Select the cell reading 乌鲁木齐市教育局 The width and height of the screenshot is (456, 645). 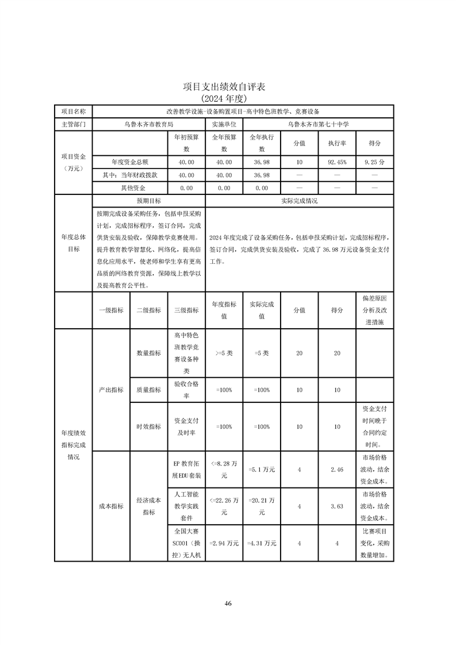tap(148, 124)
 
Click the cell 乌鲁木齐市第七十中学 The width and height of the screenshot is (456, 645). tap(318, 124)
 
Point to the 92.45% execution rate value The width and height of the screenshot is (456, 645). tap(337, 163)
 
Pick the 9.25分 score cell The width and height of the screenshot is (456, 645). tap(374, 163)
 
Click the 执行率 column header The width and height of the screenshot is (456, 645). tap(337, 143)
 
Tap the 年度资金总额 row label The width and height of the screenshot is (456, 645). tap(129, 163)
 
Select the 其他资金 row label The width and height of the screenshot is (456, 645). tap(129, 188)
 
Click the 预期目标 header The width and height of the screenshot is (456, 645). tap(148, 201)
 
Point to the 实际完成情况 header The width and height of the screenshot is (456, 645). tap(299, 201)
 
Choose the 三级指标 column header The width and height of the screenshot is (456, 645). tap(186, 310)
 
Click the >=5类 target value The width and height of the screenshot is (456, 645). tap(224, 354)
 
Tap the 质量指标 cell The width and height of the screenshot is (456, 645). tap(148, 390)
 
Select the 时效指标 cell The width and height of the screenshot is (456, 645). tap(148, 427)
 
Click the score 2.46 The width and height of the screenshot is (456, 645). tap(337, 470)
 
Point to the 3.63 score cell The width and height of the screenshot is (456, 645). tap(337, 506)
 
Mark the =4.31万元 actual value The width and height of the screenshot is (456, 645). tap(262, 543)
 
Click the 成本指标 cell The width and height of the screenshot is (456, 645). tap(111, 506)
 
